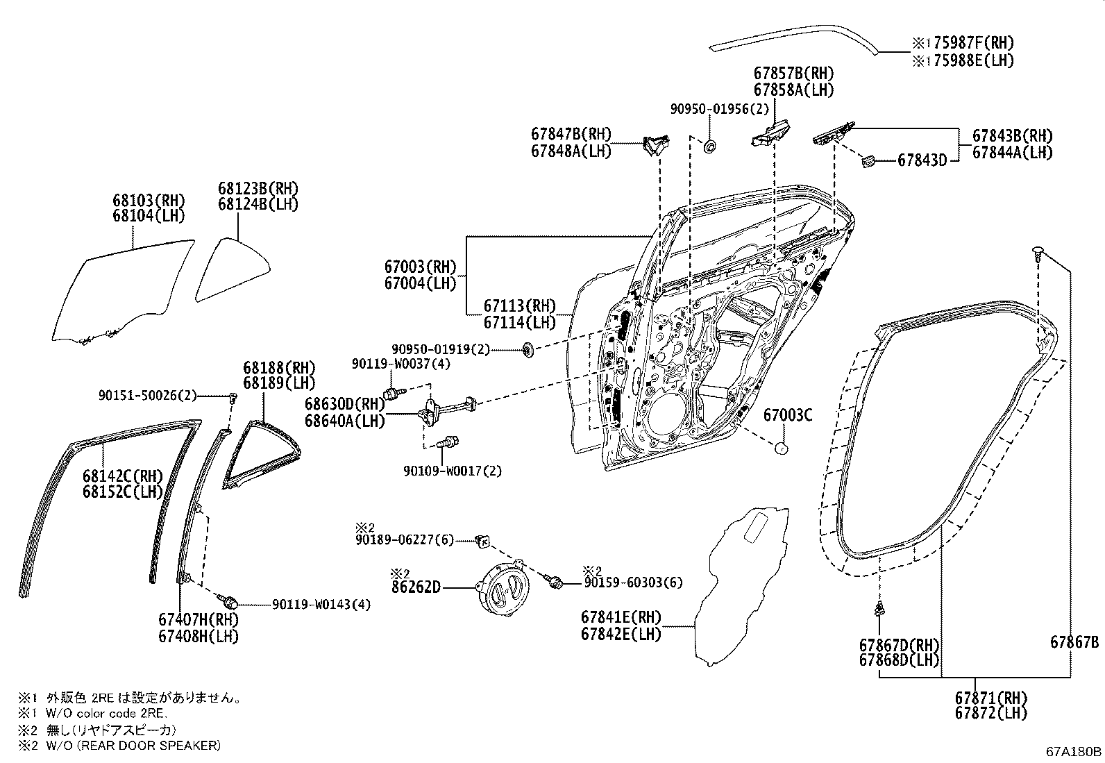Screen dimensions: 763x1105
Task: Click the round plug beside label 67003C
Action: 781,448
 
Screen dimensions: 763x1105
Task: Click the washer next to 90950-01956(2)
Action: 711,146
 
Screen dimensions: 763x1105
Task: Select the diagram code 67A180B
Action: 1074,751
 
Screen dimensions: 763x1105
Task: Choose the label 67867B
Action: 1074,643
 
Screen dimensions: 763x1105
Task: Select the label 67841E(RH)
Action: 621,617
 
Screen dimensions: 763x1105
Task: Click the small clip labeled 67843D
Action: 867,161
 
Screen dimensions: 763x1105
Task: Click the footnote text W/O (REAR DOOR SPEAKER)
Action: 131,745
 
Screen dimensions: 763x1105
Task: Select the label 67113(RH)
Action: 520,306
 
